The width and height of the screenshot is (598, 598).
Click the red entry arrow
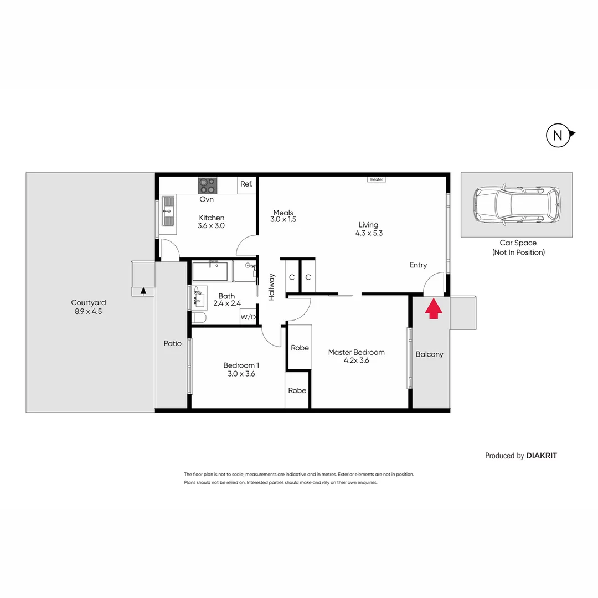click(x=434, y=309)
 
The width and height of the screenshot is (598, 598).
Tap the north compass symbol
click(x=558, y=135)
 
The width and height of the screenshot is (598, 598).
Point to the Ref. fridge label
click(x=246, y=184)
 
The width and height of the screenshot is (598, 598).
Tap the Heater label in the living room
click(x=377, y=179)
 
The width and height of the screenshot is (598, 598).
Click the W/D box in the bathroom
click(x=248, y=317)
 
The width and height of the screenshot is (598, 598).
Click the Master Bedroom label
click(x=356, y=352)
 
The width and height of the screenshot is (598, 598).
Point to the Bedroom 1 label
click(x=241, y=365)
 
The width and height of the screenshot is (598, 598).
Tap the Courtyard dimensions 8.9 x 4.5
click(x=89, y=311)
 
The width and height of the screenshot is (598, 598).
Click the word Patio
click(x=172, y=343)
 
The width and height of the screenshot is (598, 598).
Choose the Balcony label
click(x=429, y=354)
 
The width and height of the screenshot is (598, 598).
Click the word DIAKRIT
click(x=542, y=456)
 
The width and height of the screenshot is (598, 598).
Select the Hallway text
click(x=272, y=287)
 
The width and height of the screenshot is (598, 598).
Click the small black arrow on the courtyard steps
click(x=143, y=290)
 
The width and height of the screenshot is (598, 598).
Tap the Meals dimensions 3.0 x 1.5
click(x=283, y=219)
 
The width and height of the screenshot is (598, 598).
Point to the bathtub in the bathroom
click(x=210, y=272)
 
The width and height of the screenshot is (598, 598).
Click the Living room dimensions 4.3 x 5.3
click(x=369, y=233)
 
